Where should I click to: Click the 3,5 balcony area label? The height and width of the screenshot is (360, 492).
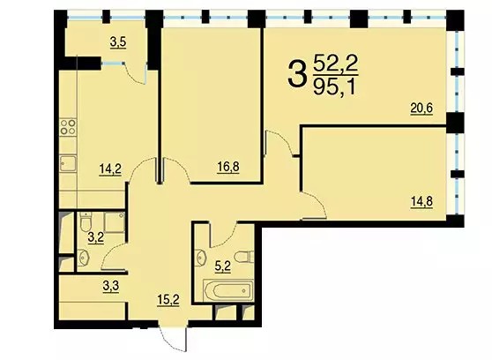pos(118,42)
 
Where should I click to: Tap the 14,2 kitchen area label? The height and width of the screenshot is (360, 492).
pos(110,169)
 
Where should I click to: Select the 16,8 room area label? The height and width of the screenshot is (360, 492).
pos(228,167)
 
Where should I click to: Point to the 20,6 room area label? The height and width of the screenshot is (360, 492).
pos(421,109)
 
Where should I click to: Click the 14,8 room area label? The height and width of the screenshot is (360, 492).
pos(421,201)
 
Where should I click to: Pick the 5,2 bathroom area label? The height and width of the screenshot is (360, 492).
pos(222,267)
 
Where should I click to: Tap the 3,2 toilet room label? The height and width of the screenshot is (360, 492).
pos(96,238)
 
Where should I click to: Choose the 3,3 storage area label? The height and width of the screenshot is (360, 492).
pos(111,287)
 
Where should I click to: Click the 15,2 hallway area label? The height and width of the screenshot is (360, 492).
pos(168,300)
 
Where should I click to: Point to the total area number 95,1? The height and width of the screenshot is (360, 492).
pos(335,87)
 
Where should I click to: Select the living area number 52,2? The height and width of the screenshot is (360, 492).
pos(335,64)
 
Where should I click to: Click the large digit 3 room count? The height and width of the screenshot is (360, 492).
pos(296,74)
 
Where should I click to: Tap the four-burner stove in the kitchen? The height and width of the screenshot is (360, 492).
pos(68,126)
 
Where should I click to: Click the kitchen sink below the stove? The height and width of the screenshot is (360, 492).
pos(68,163)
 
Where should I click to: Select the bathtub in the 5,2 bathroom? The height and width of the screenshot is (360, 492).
pos(228,290)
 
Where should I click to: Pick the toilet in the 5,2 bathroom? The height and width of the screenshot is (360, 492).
pos(244,257)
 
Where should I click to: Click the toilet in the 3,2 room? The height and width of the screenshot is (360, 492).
pos(86,221)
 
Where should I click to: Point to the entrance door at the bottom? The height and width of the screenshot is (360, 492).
pos(173,339)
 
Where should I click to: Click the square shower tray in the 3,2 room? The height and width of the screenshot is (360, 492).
pos(115,222)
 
